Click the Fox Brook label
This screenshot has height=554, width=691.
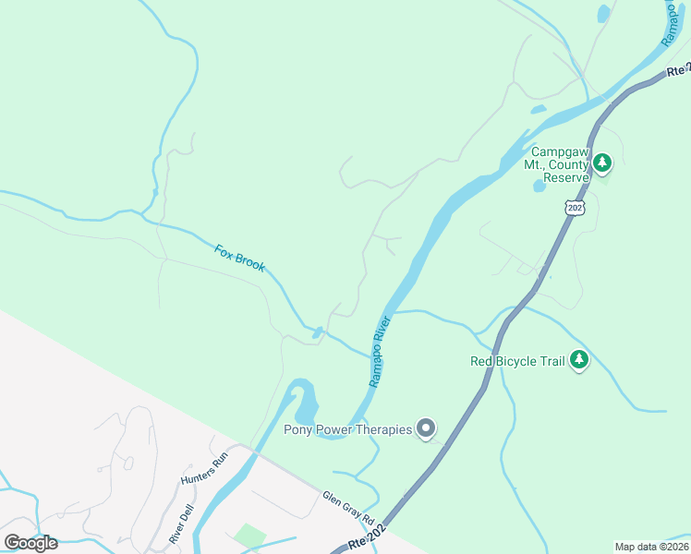click(240, 258)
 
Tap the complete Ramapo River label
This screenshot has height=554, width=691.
click(381, 352)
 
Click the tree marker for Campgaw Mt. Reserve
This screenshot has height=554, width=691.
click(602, 164)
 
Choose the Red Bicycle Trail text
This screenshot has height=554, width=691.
click(516, 361)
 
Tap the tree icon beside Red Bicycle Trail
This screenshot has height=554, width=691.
click(579, 359)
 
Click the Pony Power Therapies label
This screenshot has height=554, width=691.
click(347, 429)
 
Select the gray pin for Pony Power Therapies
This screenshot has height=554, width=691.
click(426, 428)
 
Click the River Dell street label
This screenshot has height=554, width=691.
click(182, 524)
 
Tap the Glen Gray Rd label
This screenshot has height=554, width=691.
click(347, 509)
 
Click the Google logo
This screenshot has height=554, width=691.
click(31, 543)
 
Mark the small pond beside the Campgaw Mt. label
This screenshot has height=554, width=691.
click(539, 186)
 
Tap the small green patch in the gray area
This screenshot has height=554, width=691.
click(249, 536)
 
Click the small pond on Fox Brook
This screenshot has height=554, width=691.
click(317, 332)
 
